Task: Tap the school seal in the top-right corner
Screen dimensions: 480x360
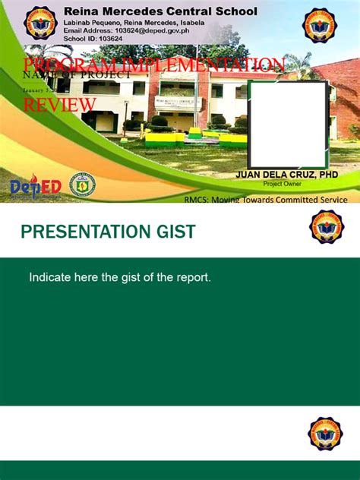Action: click(320, 25)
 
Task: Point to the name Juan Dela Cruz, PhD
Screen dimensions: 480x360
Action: click(287, 175)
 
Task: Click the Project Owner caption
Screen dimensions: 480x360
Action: click(282, 184)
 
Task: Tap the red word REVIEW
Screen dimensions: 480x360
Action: click(55, 106)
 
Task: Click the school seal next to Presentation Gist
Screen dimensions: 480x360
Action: click(326, 229)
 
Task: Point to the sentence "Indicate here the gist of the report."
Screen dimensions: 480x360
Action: click(120, 277)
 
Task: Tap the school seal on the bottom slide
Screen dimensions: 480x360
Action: click(326, 433)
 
